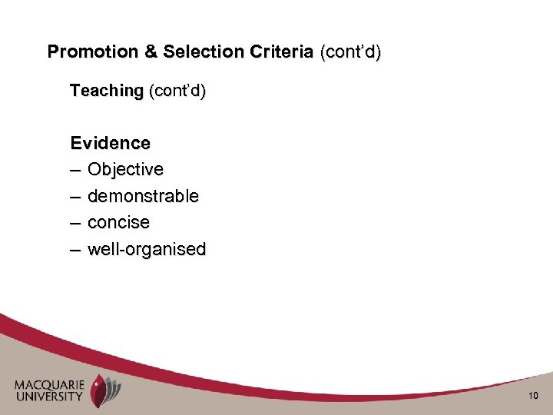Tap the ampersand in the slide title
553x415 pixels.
(x=145, y=52)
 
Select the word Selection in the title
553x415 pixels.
(x=197, y=52)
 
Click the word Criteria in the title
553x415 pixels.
(x=281, y=52)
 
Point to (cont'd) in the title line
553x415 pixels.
(x=349, y=52)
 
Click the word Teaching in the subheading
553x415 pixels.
(x=107, y=91)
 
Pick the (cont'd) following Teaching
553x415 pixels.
(x=177, y=91)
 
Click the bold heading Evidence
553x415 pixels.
(x=110, y=143)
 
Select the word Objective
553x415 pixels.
(x=125, y=169)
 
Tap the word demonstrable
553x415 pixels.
(x=143, y=196)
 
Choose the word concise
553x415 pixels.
(x=119, y=222)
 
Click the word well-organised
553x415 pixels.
(x=147, y=249)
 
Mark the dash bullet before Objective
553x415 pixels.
(x=76, y=169)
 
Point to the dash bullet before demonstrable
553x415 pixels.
(x=76, y=196)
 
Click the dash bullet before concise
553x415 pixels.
(x=76, y=222)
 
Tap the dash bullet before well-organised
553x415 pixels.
(x=76, y=249)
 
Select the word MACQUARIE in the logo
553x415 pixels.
(x=49, y=385)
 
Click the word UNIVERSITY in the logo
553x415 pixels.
(x=49, y=397)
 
